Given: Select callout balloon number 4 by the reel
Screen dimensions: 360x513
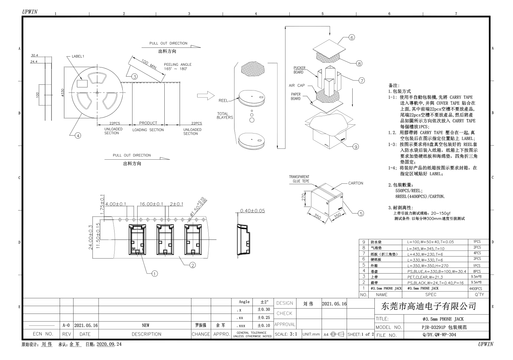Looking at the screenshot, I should pyautogui.click(x=78, y=136).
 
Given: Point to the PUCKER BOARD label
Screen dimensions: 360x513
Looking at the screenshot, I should pyautogui.click(x=299, y=70).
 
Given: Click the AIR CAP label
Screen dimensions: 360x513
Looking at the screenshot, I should pyautogui.click(x=296, y=85).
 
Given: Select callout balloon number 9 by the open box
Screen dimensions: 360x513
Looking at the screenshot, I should pyautogui.click(x=355, y=147).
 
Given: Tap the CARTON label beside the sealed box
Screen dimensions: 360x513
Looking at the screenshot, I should pyautogui.click(x=355, y=183).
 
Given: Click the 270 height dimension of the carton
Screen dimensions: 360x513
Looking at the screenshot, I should pyautogui.click(x=304, y=197).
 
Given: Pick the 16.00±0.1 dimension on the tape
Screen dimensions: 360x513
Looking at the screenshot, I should pyautogui.click(x=151, y=204).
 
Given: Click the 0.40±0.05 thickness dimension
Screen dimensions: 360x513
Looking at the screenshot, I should pyautogui.click(x=252, y=211).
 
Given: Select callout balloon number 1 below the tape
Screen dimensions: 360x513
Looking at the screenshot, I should pyautogui.click(x=155, y=274).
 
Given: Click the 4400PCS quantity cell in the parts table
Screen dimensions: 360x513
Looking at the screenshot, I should pyautogui.click(x=475, y=288).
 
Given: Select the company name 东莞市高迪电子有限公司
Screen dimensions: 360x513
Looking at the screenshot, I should pyautogui.click(x=429, y=306).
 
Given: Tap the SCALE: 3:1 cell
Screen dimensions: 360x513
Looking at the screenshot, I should pyautogui.click(x=286, y=334).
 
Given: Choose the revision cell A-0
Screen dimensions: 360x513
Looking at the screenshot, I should pyautogui.click(x=66, y=325).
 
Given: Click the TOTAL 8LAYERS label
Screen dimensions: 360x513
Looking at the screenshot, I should pyautogui.click(x=225, y=116).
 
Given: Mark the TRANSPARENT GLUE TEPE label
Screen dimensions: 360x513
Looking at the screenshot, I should pyautogui.click(x=299, y=179).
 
